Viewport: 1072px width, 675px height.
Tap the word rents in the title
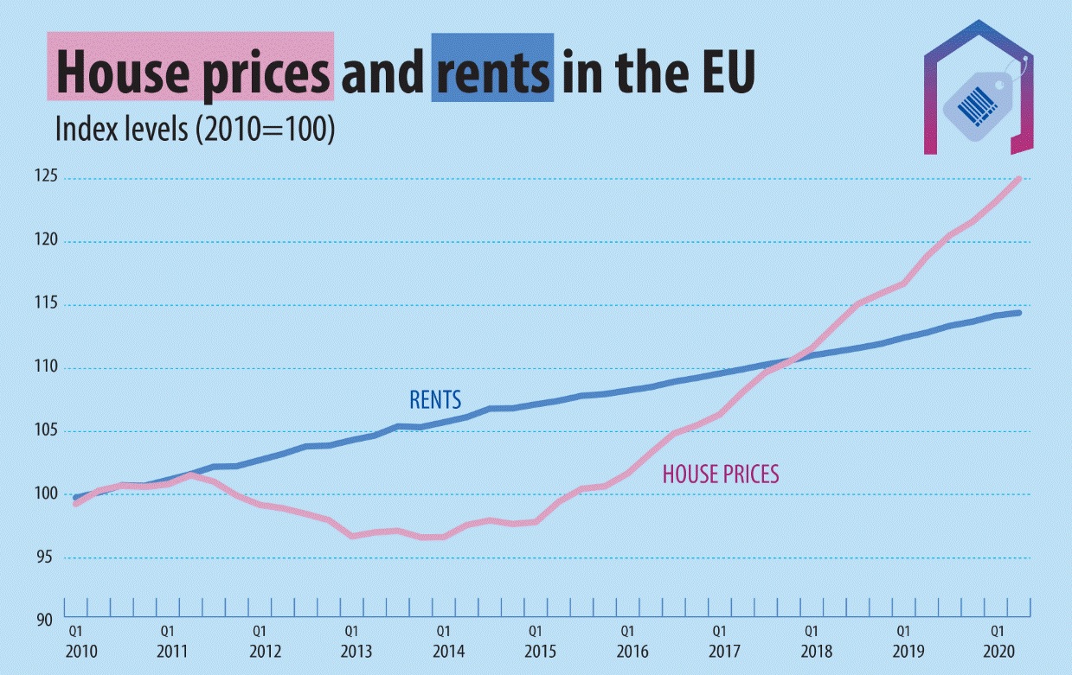tap(492, 73)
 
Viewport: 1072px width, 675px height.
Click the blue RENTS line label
tap(435, 400)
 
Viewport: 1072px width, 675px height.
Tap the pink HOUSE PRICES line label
tap(721, 474)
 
